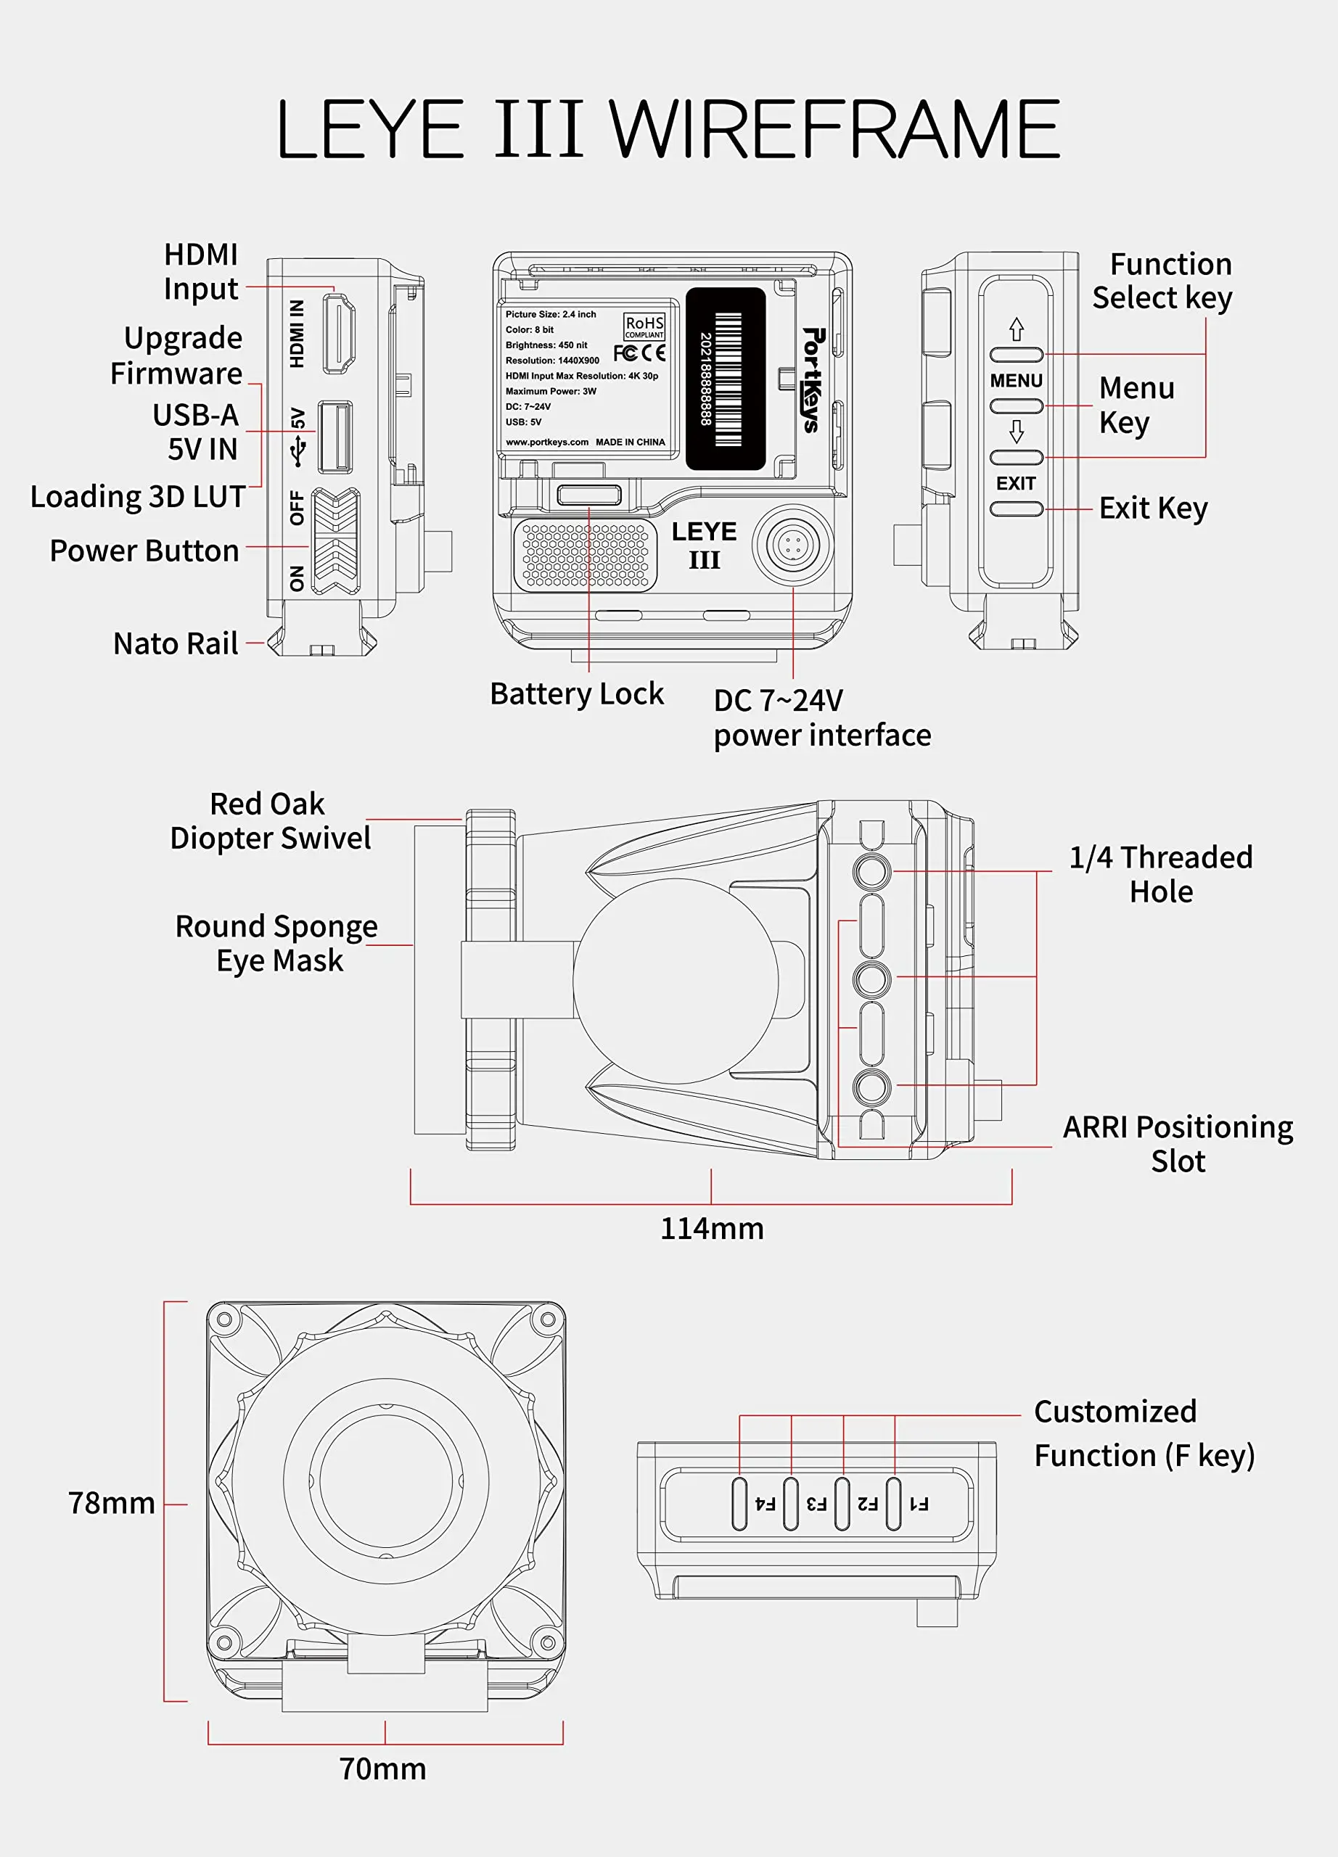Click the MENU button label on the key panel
coord(1015,381)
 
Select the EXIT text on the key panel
coord(1015,483)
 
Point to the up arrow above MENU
coord(1016,329)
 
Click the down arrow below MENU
coord(1016,432)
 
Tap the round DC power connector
coord(792,545)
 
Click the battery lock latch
coord(588,495)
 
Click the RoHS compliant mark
coord(644,326)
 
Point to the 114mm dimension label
coord(712,1228)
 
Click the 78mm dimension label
coord(111,1502)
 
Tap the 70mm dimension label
coord(383,1769)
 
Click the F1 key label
coord(919,1503)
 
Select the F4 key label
coord(765,1503)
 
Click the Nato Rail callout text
coord(176,643)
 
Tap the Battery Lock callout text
coord(576,693)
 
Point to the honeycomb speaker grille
coord(585,554)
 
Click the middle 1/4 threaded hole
coord(871,979)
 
